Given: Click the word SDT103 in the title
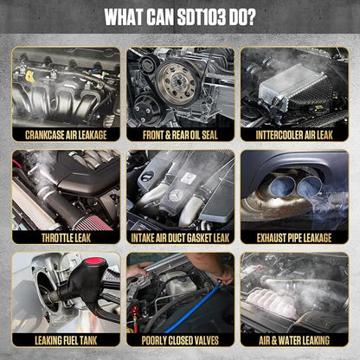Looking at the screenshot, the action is [x=202, y=16].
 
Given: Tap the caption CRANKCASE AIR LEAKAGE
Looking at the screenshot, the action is [x=66, y=135].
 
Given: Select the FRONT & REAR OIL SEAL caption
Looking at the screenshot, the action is [x=180, y=135].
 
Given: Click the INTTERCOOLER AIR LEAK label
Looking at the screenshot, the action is [x=294, y=135].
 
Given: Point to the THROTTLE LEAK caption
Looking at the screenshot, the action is [x=66, y=238].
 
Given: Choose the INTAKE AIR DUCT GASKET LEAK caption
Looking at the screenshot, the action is [x=180, y=238].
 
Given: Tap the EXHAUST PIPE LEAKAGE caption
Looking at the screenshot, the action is [x=294, y=238].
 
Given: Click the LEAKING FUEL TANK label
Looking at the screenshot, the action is [x=66, y=340].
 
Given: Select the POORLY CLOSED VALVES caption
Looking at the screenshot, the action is [x=180, y=340].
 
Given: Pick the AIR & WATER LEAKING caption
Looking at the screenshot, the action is [x=294, y=340].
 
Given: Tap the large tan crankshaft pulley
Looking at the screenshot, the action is [x=177, y=81].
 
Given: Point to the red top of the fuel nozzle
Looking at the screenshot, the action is [x=94, y=261].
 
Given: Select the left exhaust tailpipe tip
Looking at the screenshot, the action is [x=281, y=185].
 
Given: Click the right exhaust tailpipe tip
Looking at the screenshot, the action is [x=309, y=186].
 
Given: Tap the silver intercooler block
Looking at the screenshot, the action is [x=292, y=84].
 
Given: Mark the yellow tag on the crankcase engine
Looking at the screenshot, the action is [x=29, y=77].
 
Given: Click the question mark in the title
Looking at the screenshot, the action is [x=250, y=16].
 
